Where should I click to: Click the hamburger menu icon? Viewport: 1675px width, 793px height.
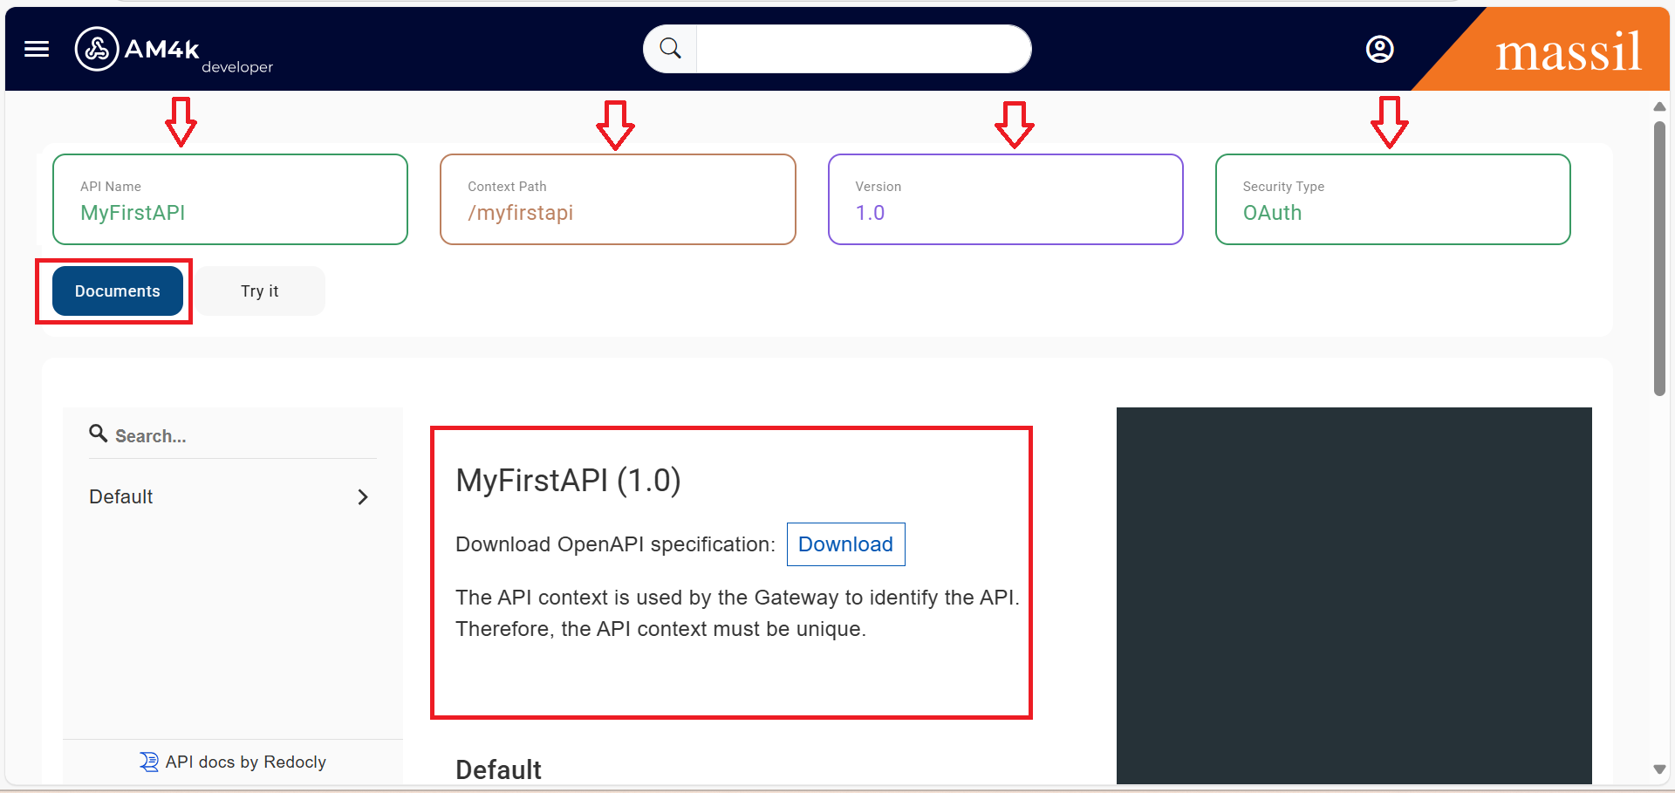(x=37, y=49)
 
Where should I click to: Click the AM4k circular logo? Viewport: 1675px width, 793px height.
(x=97, y=49)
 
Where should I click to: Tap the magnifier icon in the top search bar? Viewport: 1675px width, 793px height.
(x=670, y=49)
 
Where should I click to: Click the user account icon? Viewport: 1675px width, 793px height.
(x=1379, y=49)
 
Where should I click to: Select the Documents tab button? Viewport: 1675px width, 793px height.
(x=118, y=291)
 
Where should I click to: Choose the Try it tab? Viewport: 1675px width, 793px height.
(x=260, y=291)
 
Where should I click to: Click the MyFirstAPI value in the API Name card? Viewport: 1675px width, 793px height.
(x=133, y=213)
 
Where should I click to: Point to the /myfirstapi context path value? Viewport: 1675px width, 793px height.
(x=520, y=213)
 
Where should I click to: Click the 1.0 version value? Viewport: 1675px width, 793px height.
(x=870, y=213)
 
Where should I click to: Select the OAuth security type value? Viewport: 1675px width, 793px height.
(x=1272, y=213)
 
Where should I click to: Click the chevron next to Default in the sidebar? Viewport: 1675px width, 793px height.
(x=363, y=497)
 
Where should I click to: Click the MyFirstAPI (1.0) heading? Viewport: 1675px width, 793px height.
(x=568, y=481)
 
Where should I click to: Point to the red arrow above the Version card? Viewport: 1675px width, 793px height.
(x=1015, y=125)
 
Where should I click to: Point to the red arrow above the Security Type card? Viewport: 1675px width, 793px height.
(x=1389, y=122)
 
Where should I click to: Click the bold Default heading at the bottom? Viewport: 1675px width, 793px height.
(x=498, y=769)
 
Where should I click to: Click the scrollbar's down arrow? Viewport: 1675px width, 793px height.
(x=1659, y=769)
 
